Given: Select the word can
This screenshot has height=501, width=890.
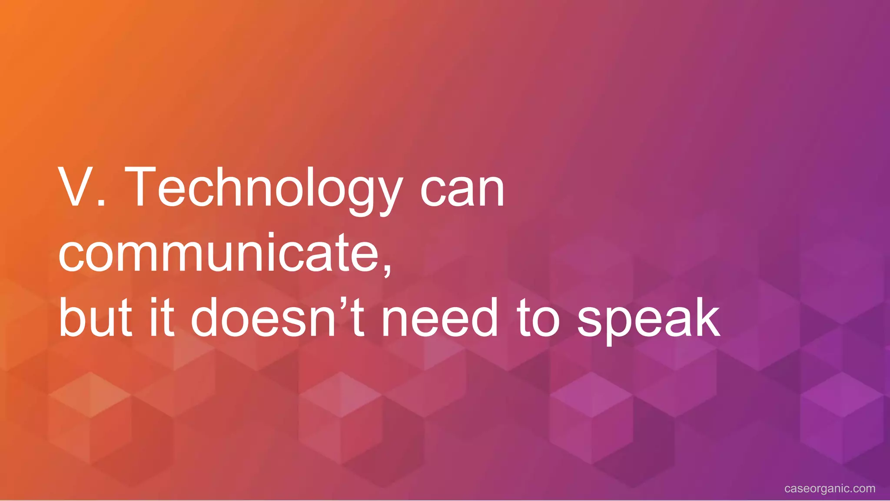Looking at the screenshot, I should point(462,191).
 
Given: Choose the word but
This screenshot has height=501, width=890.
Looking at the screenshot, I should point(95,317).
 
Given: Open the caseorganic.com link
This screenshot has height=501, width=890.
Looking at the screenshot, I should point(830,488).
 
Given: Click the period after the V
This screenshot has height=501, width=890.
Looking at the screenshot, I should point(102,203).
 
